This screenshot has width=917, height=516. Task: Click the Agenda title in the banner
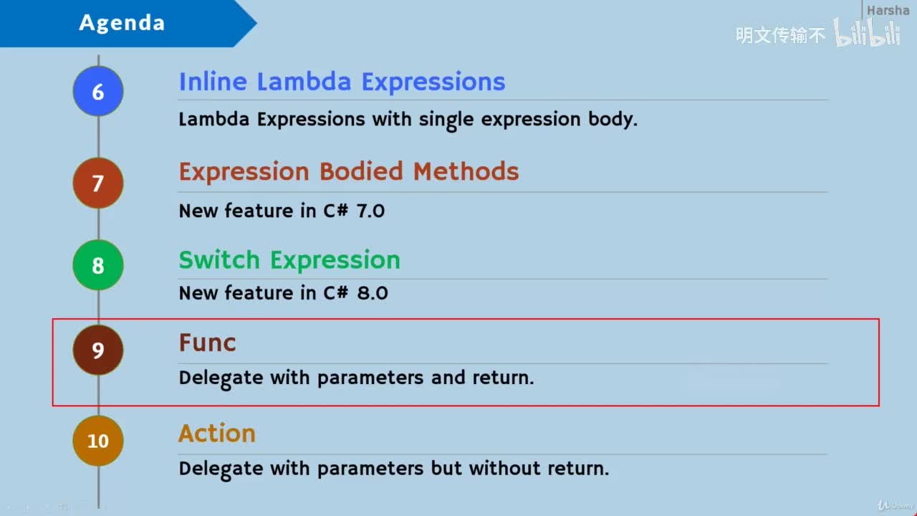(122, 22)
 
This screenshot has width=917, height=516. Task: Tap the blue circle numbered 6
(98, 91)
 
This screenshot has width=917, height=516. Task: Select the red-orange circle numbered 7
(98, 183)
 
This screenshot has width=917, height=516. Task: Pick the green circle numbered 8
(98, 265)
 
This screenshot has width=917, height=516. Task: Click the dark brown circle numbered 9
(98, 350)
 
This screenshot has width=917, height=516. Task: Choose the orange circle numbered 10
(98, 441)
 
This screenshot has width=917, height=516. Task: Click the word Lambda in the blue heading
(304, 81)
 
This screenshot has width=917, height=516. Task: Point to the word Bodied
(361, 171)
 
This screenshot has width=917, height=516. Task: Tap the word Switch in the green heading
(219, 259)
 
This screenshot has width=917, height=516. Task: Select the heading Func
(208, 343)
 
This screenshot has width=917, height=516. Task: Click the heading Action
(217, 433)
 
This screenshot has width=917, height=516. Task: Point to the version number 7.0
(370, 211)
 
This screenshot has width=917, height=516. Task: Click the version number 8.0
(373, 293)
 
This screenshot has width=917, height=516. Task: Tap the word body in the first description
(613, 120)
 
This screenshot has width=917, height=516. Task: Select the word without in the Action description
(505, 468)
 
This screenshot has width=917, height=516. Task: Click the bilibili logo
(867, 33)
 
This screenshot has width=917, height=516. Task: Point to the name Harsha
(888, 10)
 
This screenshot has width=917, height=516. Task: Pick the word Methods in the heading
(466, 171)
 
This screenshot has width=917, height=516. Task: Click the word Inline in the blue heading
(213, 81)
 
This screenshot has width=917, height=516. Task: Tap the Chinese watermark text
(780, 35)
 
